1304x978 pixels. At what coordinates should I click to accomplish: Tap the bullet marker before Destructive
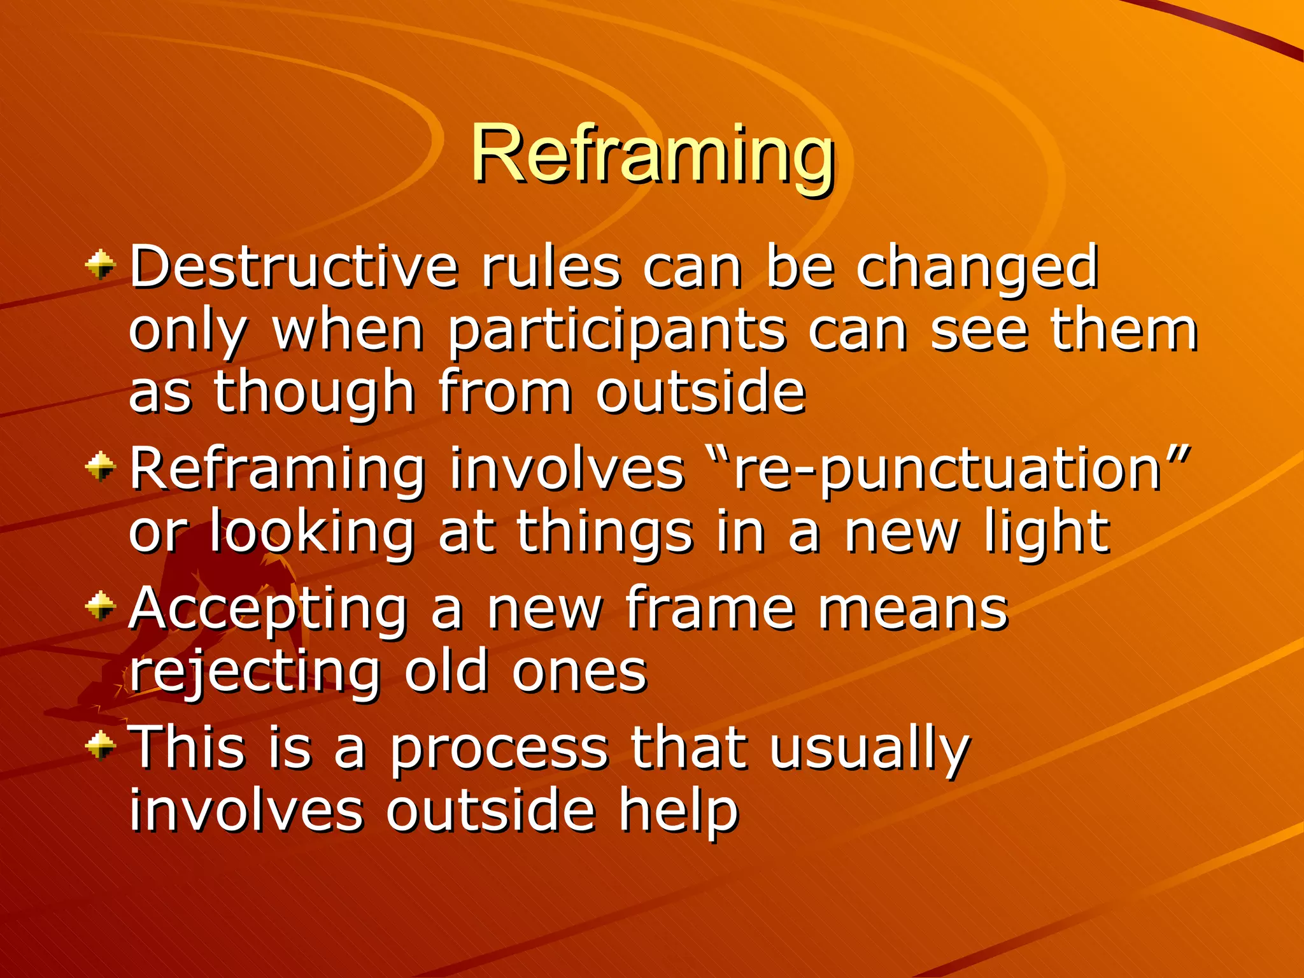(x=101, y=265)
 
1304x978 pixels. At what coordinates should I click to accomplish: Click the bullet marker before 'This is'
(x=101, y=744)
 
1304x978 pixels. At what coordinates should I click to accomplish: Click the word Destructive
(x=294, y=267)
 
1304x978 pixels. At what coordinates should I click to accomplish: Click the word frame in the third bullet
(x=709, y=607)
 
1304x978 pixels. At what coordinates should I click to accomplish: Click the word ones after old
(x=579, y=672)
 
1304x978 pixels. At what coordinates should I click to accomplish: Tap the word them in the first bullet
(x=1124, y=331)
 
